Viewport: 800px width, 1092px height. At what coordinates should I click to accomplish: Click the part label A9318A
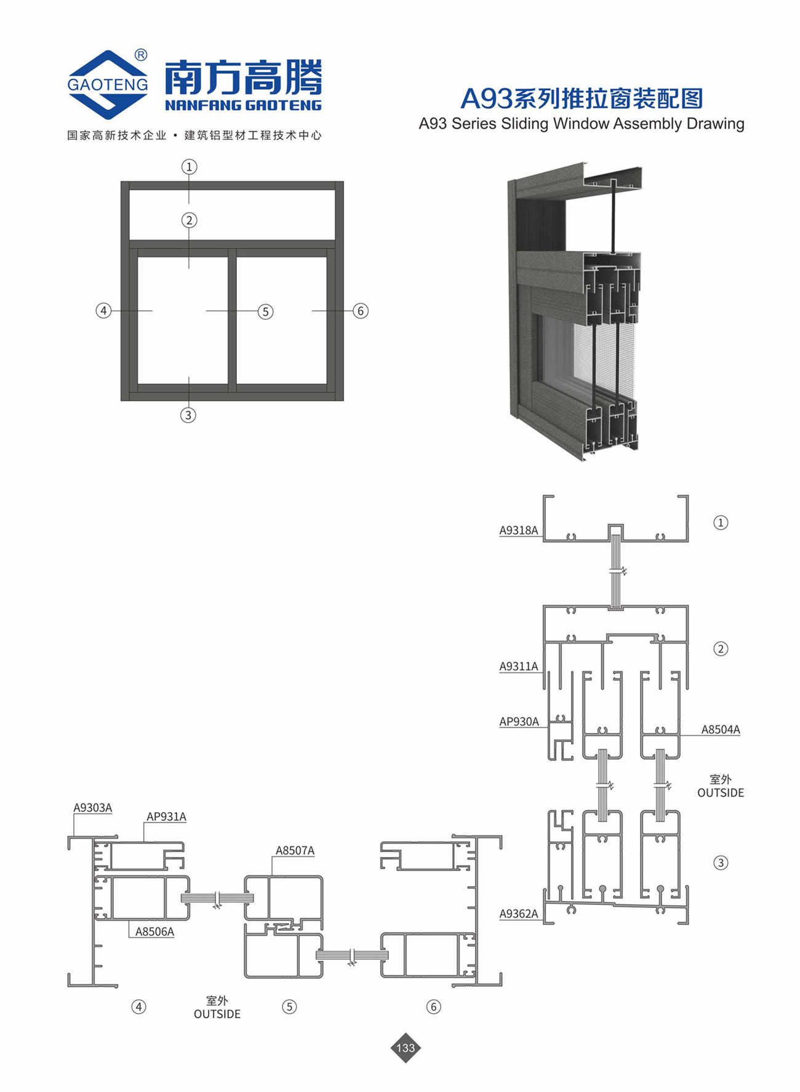point(518,530)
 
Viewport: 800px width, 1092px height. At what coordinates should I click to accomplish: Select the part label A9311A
point(518,666)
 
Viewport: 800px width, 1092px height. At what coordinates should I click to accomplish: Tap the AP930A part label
point(519,722)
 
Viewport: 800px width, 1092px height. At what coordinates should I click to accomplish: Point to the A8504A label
point(721,730)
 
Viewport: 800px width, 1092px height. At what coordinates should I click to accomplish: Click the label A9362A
point(518,914)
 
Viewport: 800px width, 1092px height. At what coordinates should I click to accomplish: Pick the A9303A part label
point(93,808)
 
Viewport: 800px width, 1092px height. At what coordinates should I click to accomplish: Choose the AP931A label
point(166,817)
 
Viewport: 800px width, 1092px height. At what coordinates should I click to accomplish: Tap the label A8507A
point(295,851)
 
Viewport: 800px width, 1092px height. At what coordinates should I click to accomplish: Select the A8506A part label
point(154,932)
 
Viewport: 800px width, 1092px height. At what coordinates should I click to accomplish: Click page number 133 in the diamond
point(406,1048)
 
